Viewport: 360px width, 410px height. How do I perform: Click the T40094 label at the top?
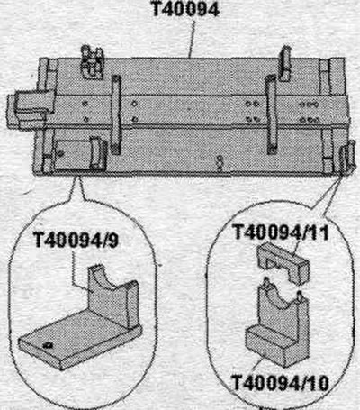[186, 9]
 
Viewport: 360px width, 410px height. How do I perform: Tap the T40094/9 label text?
[76, 240]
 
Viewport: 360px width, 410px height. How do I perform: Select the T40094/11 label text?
[281, 232]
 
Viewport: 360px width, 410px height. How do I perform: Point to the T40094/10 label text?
[280, 383]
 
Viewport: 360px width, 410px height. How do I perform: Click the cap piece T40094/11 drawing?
[283, 264]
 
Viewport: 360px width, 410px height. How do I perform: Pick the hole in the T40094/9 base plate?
[47, 345]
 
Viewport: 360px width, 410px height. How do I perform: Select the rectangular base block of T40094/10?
[276, 345]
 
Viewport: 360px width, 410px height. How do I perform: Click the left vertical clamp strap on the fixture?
[116, 114]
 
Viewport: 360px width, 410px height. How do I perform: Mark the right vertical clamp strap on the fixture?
[272, 114]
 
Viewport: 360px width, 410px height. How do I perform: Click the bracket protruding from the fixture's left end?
[29, 108]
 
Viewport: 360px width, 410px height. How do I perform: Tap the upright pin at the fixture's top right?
[285, 63]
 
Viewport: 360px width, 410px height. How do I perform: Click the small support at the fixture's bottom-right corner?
[345, 159]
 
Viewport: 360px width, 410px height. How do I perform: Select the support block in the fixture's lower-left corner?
[79, 155]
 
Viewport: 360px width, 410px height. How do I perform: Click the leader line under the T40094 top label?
[193, 39]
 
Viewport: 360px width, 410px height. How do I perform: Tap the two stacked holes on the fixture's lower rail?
[220, 162]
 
